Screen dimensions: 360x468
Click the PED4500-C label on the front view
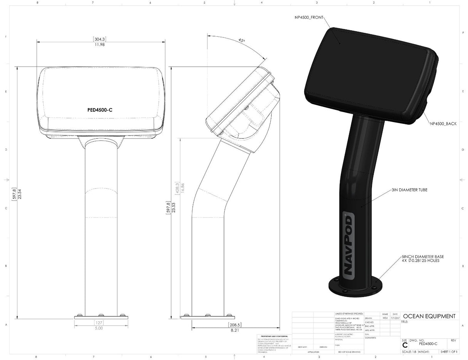100,110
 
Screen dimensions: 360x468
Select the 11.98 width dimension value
99,45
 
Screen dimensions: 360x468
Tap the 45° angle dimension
242,40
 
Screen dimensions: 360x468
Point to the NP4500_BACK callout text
443,124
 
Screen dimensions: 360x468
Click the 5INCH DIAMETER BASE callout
423,257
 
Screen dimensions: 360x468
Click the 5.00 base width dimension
99,328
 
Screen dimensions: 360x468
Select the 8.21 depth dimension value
234,330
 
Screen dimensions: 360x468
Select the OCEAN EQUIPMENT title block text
429,316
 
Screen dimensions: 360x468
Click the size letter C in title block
404,345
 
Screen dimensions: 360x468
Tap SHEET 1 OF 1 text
449,352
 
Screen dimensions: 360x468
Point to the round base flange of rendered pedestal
353,287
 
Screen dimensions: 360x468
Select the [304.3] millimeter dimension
99,39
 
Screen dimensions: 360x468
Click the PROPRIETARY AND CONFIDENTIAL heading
274,336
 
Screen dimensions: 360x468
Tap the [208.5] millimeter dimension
234,325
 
